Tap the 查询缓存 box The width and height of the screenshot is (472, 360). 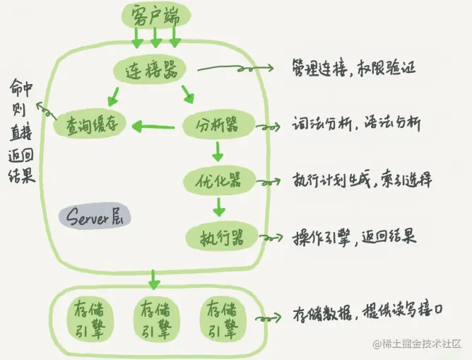pyautogui.click(x=90, y=125)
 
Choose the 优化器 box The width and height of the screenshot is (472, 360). pyautogui.click(x=219, y=180)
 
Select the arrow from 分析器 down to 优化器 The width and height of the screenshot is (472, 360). pyautogui.click(x=218, y=151)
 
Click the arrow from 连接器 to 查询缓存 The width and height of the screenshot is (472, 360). pyautogui.click(x=114, y=95)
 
